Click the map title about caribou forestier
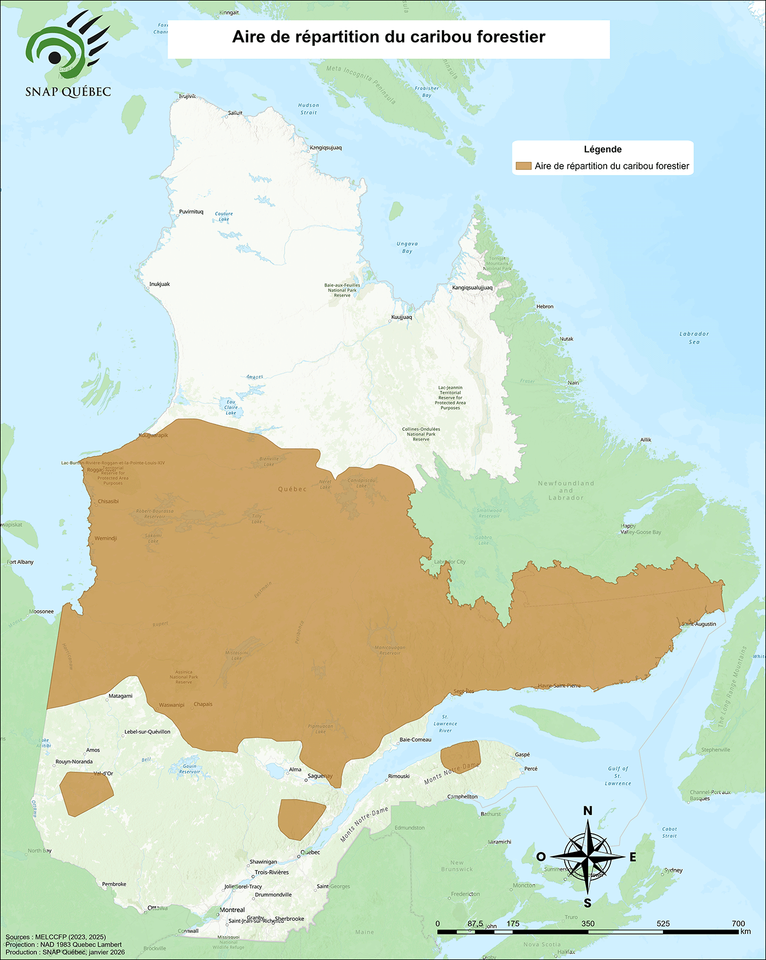click(x=389, y=37)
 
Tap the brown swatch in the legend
click(x=523, y=166)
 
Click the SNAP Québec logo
click(x=68, y=54)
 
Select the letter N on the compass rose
click(x=588, y=811)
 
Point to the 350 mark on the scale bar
click(x=588, y=924)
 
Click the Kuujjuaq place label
click(x=402, y=317)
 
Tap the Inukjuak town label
click(x=159, y=284)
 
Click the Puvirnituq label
click(x=191, y=212)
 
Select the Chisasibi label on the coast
click(x=108, y=501)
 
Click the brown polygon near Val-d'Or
click(x=85, y=793)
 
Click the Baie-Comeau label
click(x=415, y=740)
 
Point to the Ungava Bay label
click(x=407, y=247)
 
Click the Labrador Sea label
click(x=694, y=338)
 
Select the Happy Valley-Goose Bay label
click(x=641, y=529)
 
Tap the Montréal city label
click(x=232, y=910)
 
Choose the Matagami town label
click(x=120, y=696)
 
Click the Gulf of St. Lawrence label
click(x=618, y=775)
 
